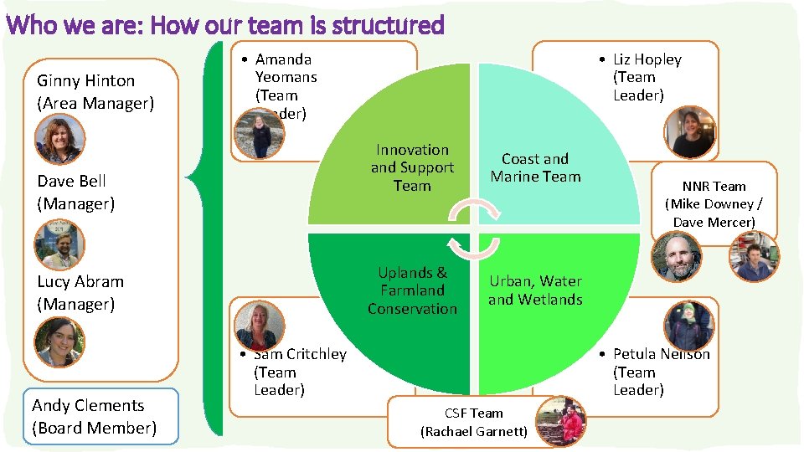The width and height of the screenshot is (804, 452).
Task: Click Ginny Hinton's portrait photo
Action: point(59,138)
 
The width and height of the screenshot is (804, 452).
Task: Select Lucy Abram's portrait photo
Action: point(59,342)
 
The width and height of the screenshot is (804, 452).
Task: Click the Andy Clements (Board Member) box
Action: point(94,416)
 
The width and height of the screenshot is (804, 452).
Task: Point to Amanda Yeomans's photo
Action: point(260,135)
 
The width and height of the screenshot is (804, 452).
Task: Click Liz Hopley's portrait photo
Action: point(693,132)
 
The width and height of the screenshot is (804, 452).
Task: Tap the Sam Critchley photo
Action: point(260,325)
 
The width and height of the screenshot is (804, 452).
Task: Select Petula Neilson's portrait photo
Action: point(689,325)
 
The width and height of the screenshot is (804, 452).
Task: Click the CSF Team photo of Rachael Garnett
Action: point(560,420)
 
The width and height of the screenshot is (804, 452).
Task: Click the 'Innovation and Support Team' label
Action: point(412,167)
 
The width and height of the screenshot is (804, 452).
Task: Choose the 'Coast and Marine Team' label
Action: point(535,167)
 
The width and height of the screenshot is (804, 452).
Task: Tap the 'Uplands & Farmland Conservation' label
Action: point(412,290)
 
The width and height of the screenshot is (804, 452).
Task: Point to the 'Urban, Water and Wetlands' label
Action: point(535,290)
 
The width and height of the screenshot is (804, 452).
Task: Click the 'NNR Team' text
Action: point(714,187)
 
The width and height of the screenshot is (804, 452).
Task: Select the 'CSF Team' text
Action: point(474,413)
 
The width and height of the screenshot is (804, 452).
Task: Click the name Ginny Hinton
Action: point(85,81)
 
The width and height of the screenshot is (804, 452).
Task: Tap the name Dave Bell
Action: point(72,182)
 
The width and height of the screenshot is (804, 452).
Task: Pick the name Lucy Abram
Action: point(80,282)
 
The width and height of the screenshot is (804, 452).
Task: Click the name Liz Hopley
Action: point(647,59)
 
